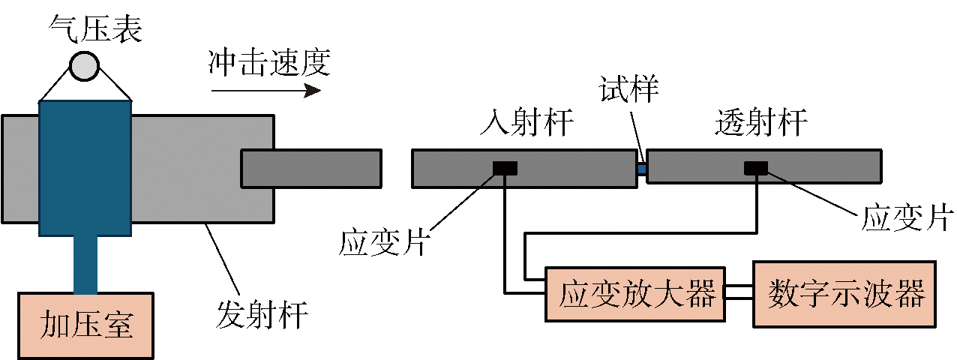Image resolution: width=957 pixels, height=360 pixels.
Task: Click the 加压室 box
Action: (87, 325)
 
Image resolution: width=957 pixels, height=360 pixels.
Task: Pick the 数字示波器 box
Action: (844, 293)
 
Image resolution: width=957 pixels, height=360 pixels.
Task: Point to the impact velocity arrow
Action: (265, 91)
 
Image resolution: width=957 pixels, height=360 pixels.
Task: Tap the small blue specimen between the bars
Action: (641, 169)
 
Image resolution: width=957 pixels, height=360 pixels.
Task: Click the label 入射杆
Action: (526, 123)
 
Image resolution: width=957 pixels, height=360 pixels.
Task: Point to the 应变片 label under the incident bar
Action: (382, 243)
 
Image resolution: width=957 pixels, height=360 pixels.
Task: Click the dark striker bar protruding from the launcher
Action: (311, 168)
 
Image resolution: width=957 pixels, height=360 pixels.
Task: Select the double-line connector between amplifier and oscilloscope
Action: (739, 293)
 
